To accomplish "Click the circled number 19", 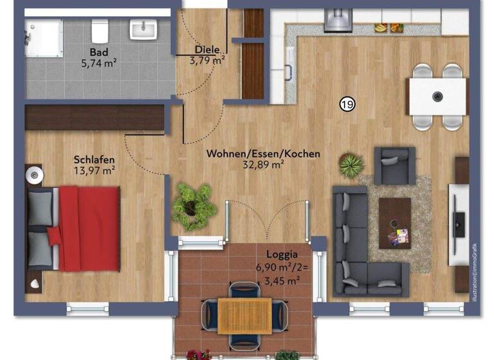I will (347, 104).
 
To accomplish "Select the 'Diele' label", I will (207, 50).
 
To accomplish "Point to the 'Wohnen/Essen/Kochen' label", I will (262, 154).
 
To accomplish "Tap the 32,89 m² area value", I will (262, 165).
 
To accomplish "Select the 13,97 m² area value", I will (94, 170).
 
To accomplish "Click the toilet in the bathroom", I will (99, 30).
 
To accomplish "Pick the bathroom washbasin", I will (142, 29).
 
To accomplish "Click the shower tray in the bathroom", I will (43, 38).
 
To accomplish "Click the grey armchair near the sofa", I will (394, 166).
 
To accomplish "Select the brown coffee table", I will (394, 222).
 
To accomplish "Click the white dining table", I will (437, 96).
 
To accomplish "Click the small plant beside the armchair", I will (351, 165).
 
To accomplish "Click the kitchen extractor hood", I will (337, 20).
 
